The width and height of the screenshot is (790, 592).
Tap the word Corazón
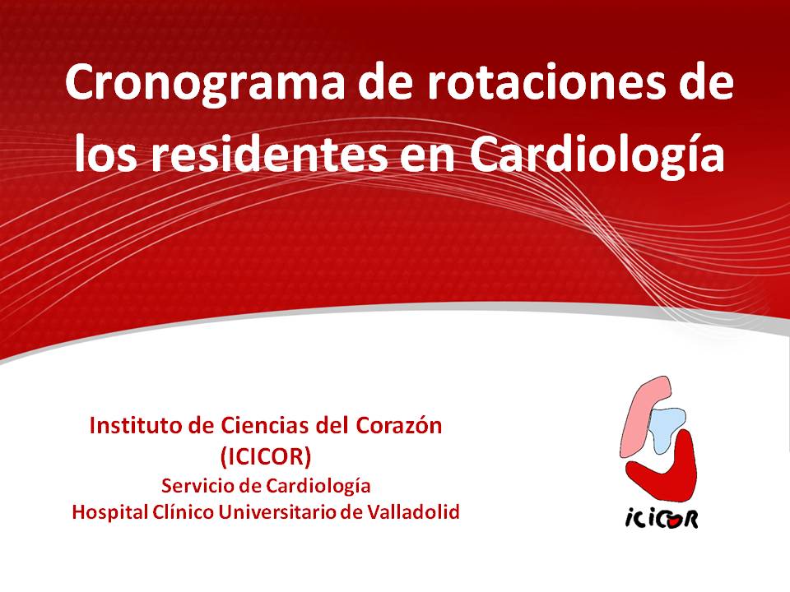pos(399,425)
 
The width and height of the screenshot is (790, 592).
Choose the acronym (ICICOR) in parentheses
pos(266,456)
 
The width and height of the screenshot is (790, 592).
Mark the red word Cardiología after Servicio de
pos(318,487)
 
